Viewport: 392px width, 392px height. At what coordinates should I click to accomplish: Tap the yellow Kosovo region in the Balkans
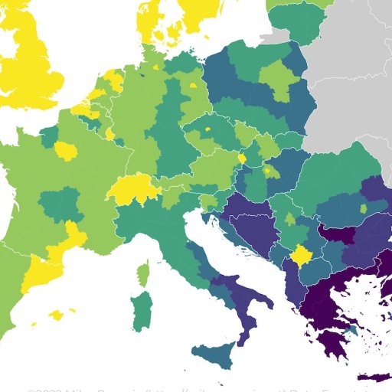point(302,254)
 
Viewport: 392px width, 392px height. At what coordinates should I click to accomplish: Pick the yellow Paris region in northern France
point(67,150)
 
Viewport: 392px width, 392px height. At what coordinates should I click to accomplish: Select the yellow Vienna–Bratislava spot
point(242,158)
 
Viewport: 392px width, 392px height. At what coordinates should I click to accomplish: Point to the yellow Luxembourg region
point(110,134)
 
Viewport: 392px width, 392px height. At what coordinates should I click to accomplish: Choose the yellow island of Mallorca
point(56,315)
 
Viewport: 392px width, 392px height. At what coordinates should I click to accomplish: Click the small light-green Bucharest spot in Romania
point(364,209)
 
